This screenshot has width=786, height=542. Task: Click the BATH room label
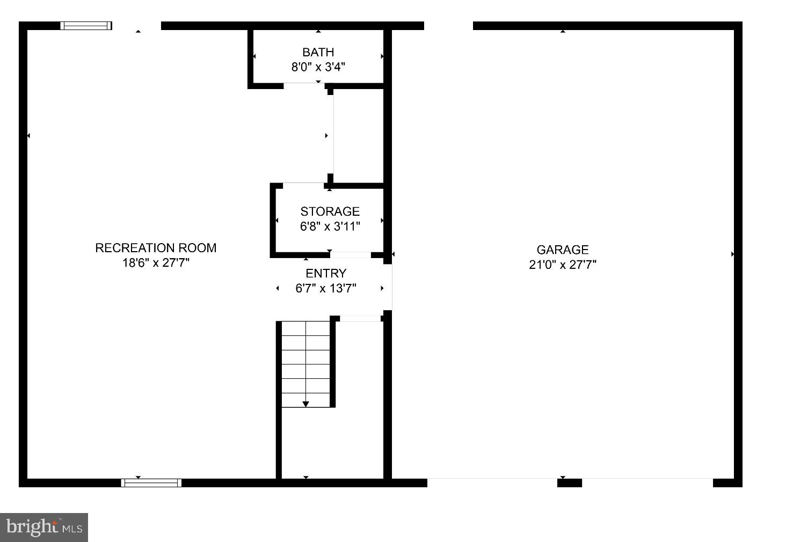[318, 52]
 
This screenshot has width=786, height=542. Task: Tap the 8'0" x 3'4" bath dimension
[318, 67]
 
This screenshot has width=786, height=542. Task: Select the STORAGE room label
[330, 211]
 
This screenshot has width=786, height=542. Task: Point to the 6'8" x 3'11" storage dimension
[330, 226]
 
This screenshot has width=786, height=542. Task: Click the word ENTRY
[326, 273]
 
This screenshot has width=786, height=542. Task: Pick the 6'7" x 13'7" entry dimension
[326, 288]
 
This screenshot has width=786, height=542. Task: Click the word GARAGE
[563, 250]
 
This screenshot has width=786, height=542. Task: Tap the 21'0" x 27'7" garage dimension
[563, 265]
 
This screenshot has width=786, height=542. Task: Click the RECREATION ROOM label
[156, 248]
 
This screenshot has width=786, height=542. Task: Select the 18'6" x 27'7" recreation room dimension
[156, 263]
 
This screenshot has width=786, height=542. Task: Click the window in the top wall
[86, 26]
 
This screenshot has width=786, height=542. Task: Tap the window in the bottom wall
[151, 483]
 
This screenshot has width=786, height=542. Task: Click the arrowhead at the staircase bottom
[305, 404]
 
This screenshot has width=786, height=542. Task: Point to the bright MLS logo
[44, 527]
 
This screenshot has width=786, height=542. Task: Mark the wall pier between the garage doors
[569, 483]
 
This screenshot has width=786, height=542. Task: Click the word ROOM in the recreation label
[197, 248]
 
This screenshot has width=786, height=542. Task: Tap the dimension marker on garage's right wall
[733, 254]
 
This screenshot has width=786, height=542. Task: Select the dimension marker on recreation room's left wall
[28, 136]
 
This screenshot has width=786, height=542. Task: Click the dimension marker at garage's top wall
[563, 31]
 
